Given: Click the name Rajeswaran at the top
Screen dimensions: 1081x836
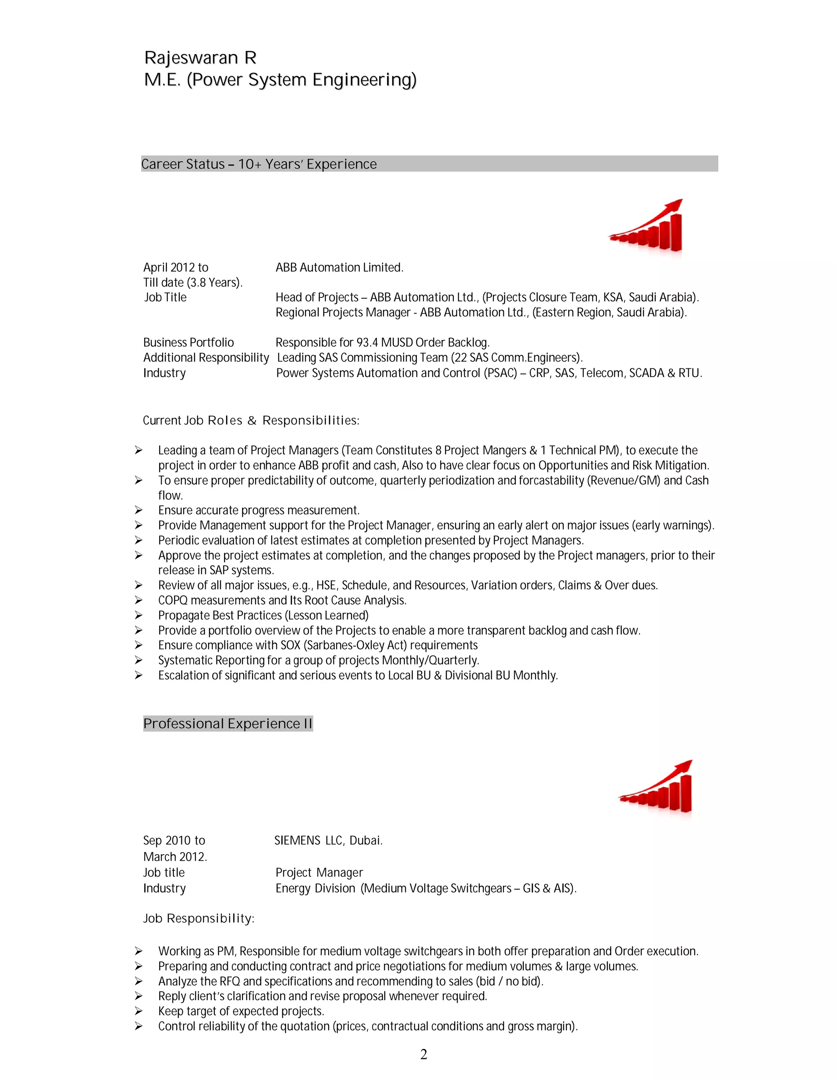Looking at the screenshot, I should pos(191,58).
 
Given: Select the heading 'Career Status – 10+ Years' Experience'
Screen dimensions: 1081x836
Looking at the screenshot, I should pos(258,164).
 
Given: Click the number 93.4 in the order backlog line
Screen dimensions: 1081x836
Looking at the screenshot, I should pos(367,343).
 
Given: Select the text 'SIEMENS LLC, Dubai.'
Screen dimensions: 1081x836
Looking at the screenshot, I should pos(328,840).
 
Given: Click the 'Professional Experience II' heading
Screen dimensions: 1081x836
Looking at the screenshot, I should pos(228,724).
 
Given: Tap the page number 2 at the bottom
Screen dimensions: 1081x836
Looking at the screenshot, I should pos(423,1054).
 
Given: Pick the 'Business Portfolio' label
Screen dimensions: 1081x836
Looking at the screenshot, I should pos(188,343).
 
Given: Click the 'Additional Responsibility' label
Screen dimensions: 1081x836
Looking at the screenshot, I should pos(206,357).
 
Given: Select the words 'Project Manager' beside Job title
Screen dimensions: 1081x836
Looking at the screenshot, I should pos(319,873).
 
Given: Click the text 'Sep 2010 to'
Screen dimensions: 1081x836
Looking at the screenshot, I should pos(174,840).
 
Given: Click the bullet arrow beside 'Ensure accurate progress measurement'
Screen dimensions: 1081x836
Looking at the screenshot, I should pos(139,510).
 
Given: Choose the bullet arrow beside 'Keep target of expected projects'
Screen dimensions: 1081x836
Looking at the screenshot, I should pos(139,1011).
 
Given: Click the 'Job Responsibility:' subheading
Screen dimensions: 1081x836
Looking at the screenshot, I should pos(198,919).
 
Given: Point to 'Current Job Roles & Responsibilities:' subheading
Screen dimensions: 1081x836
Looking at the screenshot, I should pos(251,421).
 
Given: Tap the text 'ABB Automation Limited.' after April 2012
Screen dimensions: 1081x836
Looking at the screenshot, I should pos(339,268).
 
